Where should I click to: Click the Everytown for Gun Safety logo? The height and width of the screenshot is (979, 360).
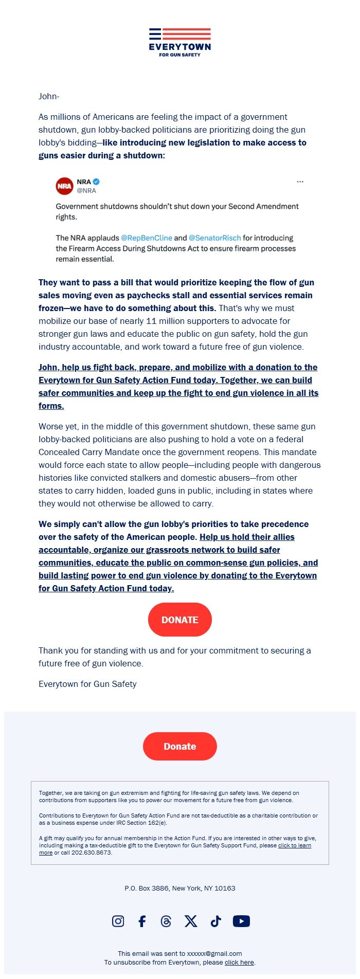180,42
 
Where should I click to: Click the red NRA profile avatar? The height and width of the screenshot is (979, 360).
64,186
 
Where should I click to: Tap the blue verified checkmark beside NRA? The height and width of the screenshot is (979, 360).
96,182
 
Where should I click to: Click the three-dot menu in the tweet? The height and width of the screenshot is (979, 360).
300,182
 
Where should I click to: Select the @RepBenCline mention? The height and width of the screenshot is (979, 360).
147,238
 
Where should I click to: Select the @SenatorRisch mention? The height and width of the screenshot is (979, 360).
214,238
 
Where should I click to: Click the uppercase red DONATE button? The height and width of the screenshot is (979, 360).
180,620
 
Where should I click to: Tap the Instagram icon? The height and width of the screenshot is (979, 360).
118,921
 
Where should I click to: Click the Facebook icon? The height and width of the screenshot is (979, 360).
142,921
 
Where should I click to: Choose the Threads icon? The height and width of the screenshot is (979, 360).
166,921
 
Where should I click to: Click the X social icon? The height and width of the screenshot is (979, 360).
191,921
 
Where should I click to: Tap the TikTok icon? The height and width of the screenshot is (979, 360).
215,921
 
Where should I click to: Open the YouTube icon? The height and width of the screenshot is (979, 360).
241,921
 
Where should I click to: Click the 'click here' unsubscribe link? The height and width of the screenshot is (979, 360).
239,962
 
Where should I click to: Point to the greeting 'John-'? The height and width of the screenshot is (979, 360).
49,96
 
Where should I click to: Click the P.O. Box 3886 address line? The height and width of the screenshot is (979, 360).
180,888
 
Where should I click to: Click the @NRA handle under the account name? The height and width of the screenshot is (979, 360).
86,190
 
